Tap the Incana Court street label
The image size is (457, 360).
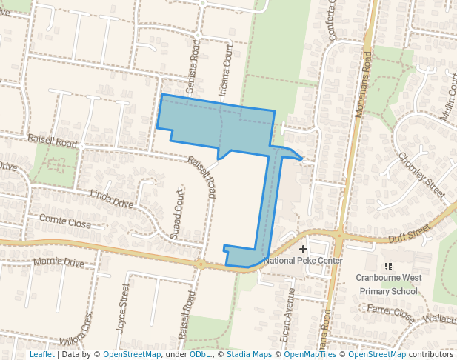pos(227,70)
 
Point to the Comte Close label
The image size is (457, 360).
pos(64,222)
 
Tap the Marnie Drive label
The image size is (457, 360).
pos(59,262)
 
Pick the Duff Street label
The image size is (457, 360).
pos(409,235)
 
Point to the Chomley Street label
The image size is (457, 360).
pos(421,176)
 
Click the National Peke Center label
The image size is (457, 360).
pos(304,261)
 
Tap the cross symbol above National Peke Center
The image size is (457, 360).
pos(304,250)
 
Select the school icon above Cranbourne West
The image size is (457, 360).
pos(388,266)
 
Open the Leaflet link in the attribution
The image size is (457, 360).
pos(41,354)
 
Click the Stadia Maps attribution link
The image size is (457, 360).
pos(248,354)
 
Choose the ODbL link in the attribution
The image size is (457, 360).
pos(201,354)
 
